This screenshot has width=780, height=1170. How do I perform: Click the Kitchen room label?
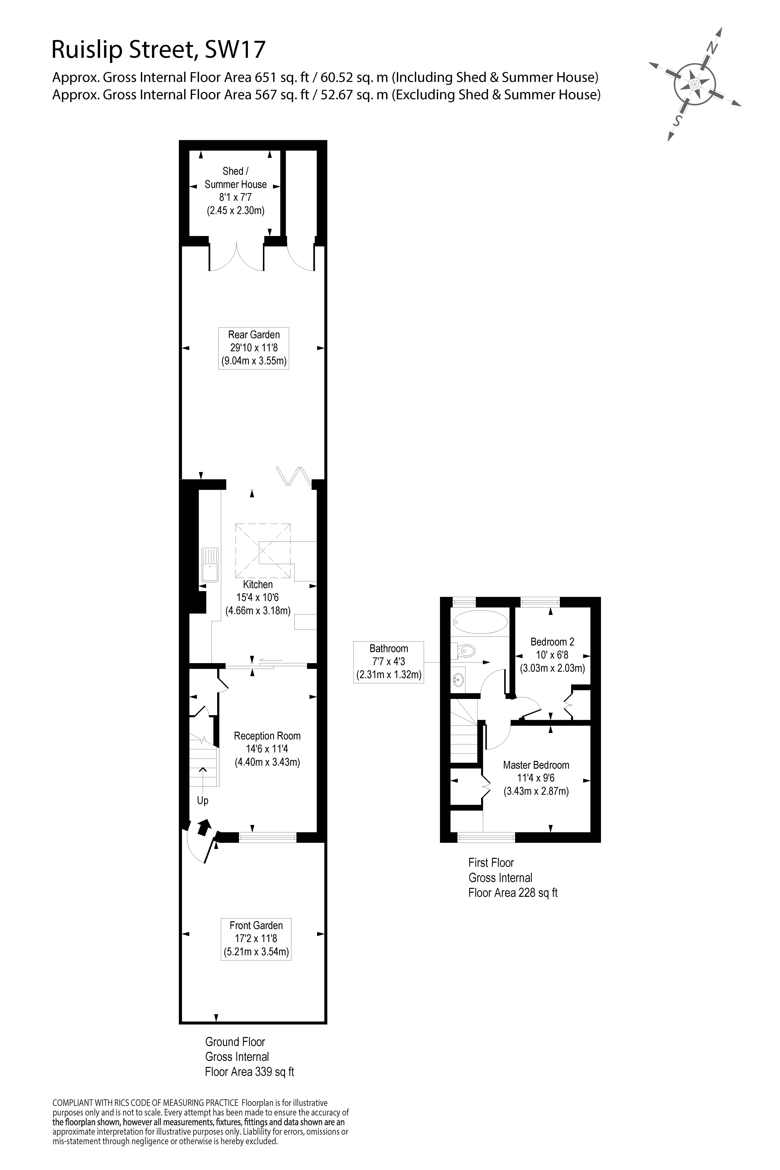tap(258, 585)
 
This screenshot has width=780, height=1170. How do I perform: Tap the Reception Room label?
tap(267, 736)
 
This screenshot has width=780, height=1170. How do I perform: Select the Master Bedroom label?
tap(536, 765)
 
